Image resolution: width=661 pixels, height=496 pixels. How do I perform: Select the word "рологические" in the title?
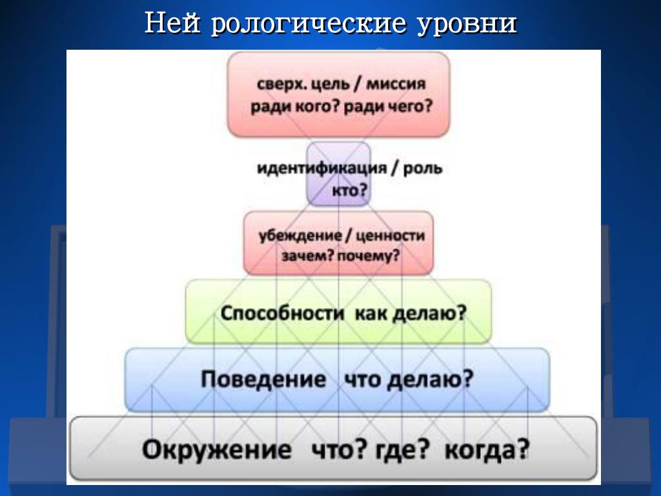tap(309, 25)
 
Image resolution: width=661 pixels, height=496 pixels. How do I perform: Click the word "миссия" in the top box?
tap(396, 84)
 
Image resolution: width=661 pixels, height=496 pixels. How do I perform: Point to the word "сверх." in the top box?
tap(281, 85)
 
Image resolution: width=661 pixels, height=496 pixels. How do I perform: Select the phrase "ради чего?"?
tap(389, 107)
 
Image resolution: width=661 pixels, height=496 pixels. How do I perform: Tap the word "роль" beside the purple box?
tap(423, 169)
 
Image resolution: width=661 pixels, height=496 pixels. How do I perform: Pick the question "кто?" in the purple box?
tap(350, 191)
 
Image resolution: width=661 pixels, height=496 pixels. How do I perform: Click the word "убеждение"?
tap(300, 236)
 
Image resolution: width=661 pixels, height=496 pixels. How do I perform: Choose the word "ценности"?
tap(391, 236)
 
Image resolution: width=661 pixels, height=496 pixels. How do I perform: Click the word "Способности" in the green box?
tap(282, 313)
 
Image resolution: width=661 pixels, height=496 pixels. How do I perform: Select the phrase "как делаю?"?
tap(411, 314)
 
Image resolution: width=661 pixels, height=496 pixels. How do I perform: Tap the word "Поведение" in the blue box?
tap(263, 379)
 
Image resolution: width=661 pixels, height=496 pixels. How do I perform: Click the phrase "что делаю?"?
tap(409, 380)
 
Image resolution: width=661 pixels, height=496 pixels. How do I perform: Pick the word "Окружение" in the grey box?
tap(217, 449)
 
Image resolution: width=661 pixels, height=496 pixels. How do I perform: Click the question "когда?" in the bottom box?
tap(487, 450)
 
